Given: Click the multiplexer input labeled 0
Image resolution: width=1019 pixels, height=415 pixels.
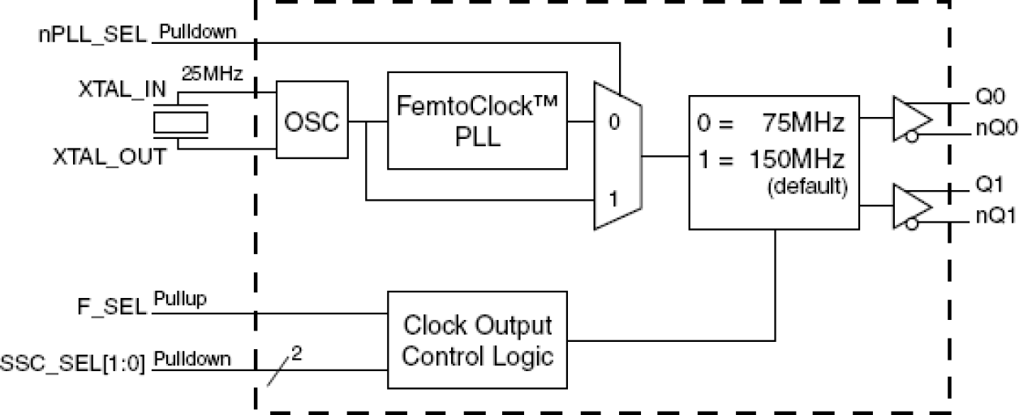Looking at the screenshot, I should point(613,123).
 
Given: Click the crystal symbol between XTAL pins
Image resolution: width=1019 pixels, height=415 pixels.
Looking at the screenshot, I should point(181,123).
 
